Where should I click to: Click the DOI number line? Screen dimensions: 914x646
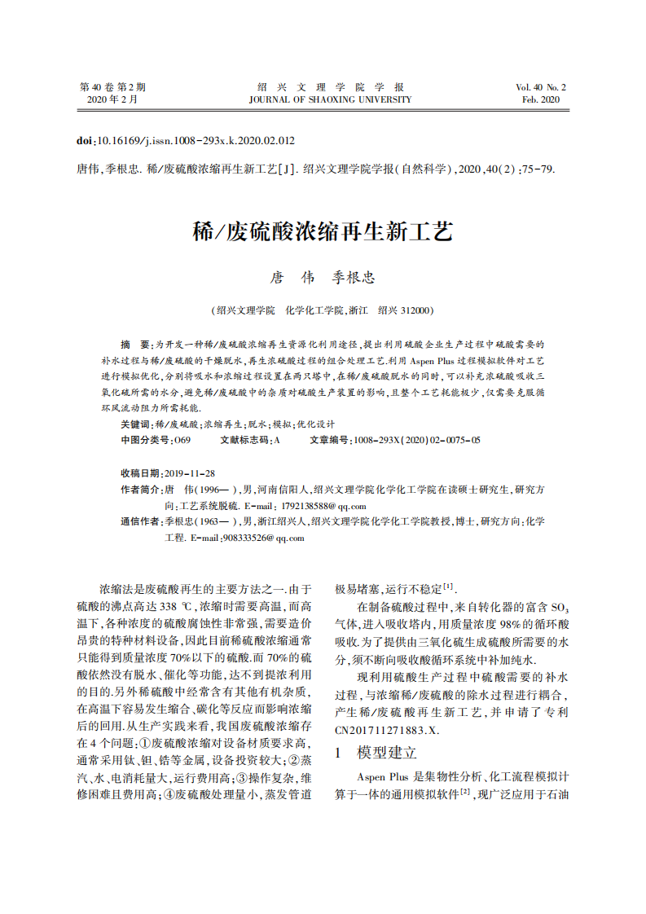[185, 140]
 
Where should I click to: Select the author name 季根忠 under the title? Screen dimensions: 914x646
[352, 278]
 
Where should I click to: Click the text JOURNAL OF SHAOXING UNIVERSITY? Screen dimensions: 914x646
[330, 100]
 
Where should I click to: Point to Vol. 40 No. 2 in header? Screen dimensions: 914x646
[540, 87]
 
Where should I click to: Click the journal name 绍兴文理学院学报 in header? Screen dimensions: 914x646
[330, 87]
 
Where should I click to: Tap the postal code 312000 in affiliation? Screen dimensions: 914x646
[417, 310]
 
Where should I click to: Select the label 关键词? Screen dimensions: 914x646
[134, 424]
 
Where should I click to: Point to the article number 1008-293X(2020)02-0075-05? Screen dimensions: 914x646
[416, 440]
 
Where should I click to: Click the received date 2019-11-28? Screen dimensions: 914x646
[189, 473]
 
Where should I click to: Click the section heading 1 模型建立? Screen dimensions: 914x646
[376, 752]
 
